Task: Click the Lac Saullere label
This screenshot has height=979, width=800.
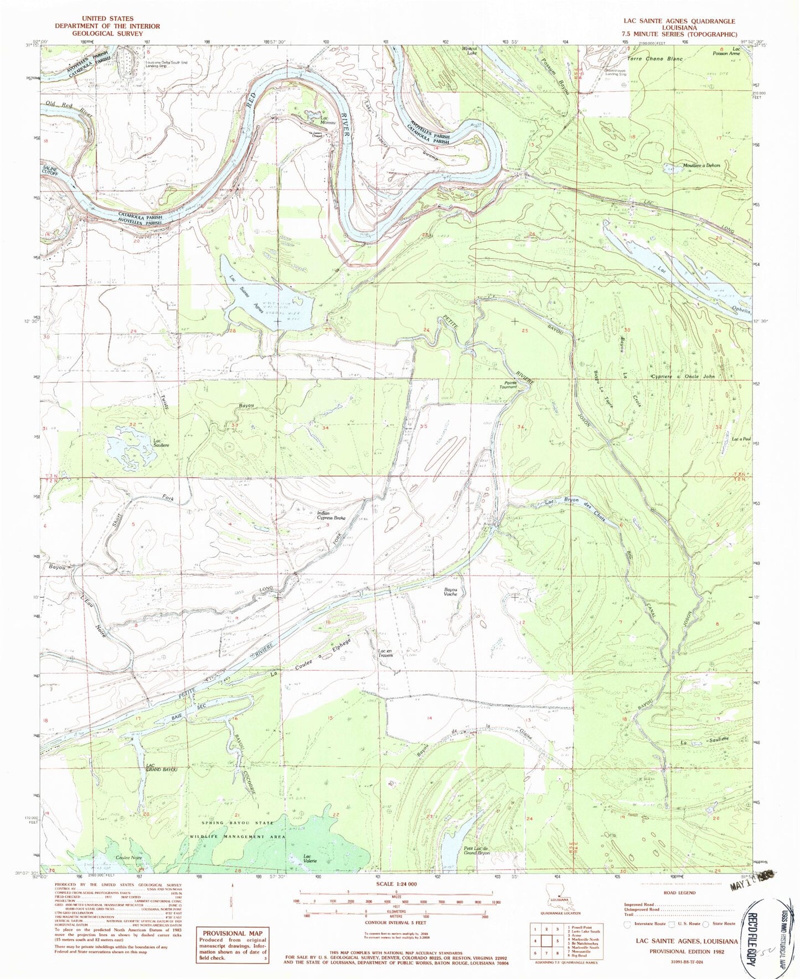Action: coord(161,443)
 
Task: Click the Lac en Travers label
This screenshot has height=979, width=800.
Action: coord(385,653)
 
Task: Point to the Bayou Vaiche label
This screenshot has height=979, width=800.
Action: coord(451,592)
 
